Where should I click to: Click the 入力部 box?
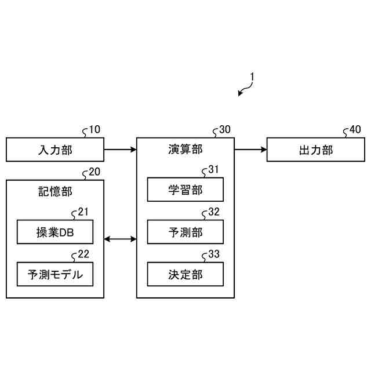click(55, 150)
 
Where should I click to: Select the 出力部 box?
click(316, 150)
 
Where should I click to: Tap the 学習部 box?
click(185, 190)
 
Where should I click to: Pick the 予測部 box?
click(185, 232)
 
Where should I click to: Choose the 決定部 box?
click(185, 274)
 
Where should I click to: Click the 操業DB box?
click(55, 232)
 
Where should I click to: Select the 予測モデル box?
click(55, 274)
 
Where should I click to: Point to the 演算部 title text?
click(185, 150)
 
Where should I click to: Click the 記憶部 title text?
click(55, 191)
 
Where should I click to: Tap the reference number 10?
click(94, 130)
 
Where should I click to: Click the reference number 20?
click(94, 172)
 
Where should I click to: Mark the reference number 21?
click(83, 212)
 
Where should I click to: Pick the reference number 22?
click(83, 254)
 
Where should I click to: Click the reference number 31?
click(214, 170)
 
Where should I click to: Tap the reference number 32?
click(214, 212)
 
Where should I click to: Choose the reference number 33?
click(214, 254)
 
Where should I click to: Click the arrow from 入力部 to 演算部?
click(120, 150)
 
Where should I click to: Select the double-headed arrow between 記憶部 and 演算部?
click(120, 238)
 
